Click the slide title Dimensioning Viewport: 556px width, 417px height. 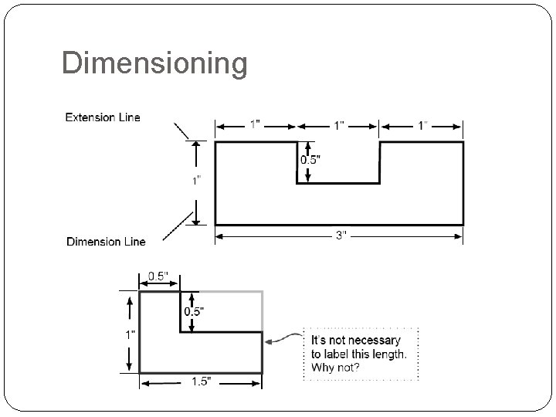point(154,63)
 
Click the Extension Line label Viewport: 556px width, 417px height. point(103,118)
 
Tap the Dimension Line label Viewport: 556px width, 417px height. point(106,242)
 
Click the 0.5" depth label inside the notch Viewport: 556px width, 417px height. point(310,159)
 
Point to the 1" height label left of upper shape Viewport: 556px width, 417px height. point(198,181)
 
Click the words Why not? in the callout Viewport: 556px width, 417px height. point(336,367)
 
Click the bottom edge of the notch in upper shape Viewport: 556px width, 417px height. point(338,183)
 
